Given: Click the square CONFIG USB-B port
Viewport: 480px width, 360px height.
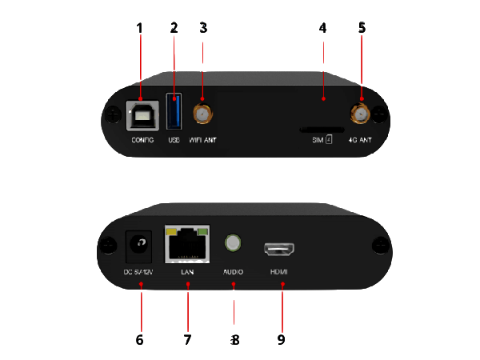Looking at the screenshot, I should (x=141, y=117).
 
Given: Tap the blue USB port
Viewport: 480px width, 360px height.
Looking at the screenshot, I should (x=174, y=113).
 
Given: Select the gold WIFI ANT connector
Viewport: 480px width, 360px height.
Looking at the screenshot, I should (x=202, y=116).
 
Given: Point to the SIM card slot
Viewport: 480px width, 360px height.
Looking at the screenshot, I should (x=322, y=128).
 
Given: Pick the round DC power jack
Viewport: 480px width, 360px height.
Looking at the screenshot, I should (x=141, y=245).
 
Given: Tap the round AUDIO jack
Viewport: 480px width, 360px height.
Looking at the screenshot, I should (x=233, y=242).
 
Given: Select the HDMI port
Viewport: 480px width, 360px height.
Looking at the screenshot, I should (x=280, y=247).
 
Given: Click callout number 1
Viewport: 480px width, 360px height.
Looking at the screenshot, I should (x=139, y=28).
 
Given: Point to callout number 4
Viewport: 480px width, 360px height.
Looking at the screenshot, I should (x=322, y=28).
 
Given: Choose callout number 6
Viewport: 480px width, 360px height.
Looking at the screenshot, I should (x=139, y=339).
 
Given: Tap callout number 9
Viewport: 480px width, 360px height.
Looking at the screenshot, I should (x=281, y=339).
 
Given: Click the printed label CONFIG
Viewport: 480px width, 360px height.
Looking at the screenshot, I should (x=142, y=141).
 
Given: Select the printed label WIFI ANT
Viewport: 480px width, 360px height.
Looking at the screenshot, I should (x=202, y=141).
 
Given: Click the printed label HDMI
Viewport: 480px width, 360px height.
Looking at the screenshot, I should (x=279, y=272).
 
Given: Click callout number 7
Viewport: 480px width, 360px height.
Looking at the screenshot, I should (x=187, y=339).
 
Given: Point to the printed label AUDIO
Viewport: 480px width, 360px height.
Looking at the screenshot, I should (x=233, y=272).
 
